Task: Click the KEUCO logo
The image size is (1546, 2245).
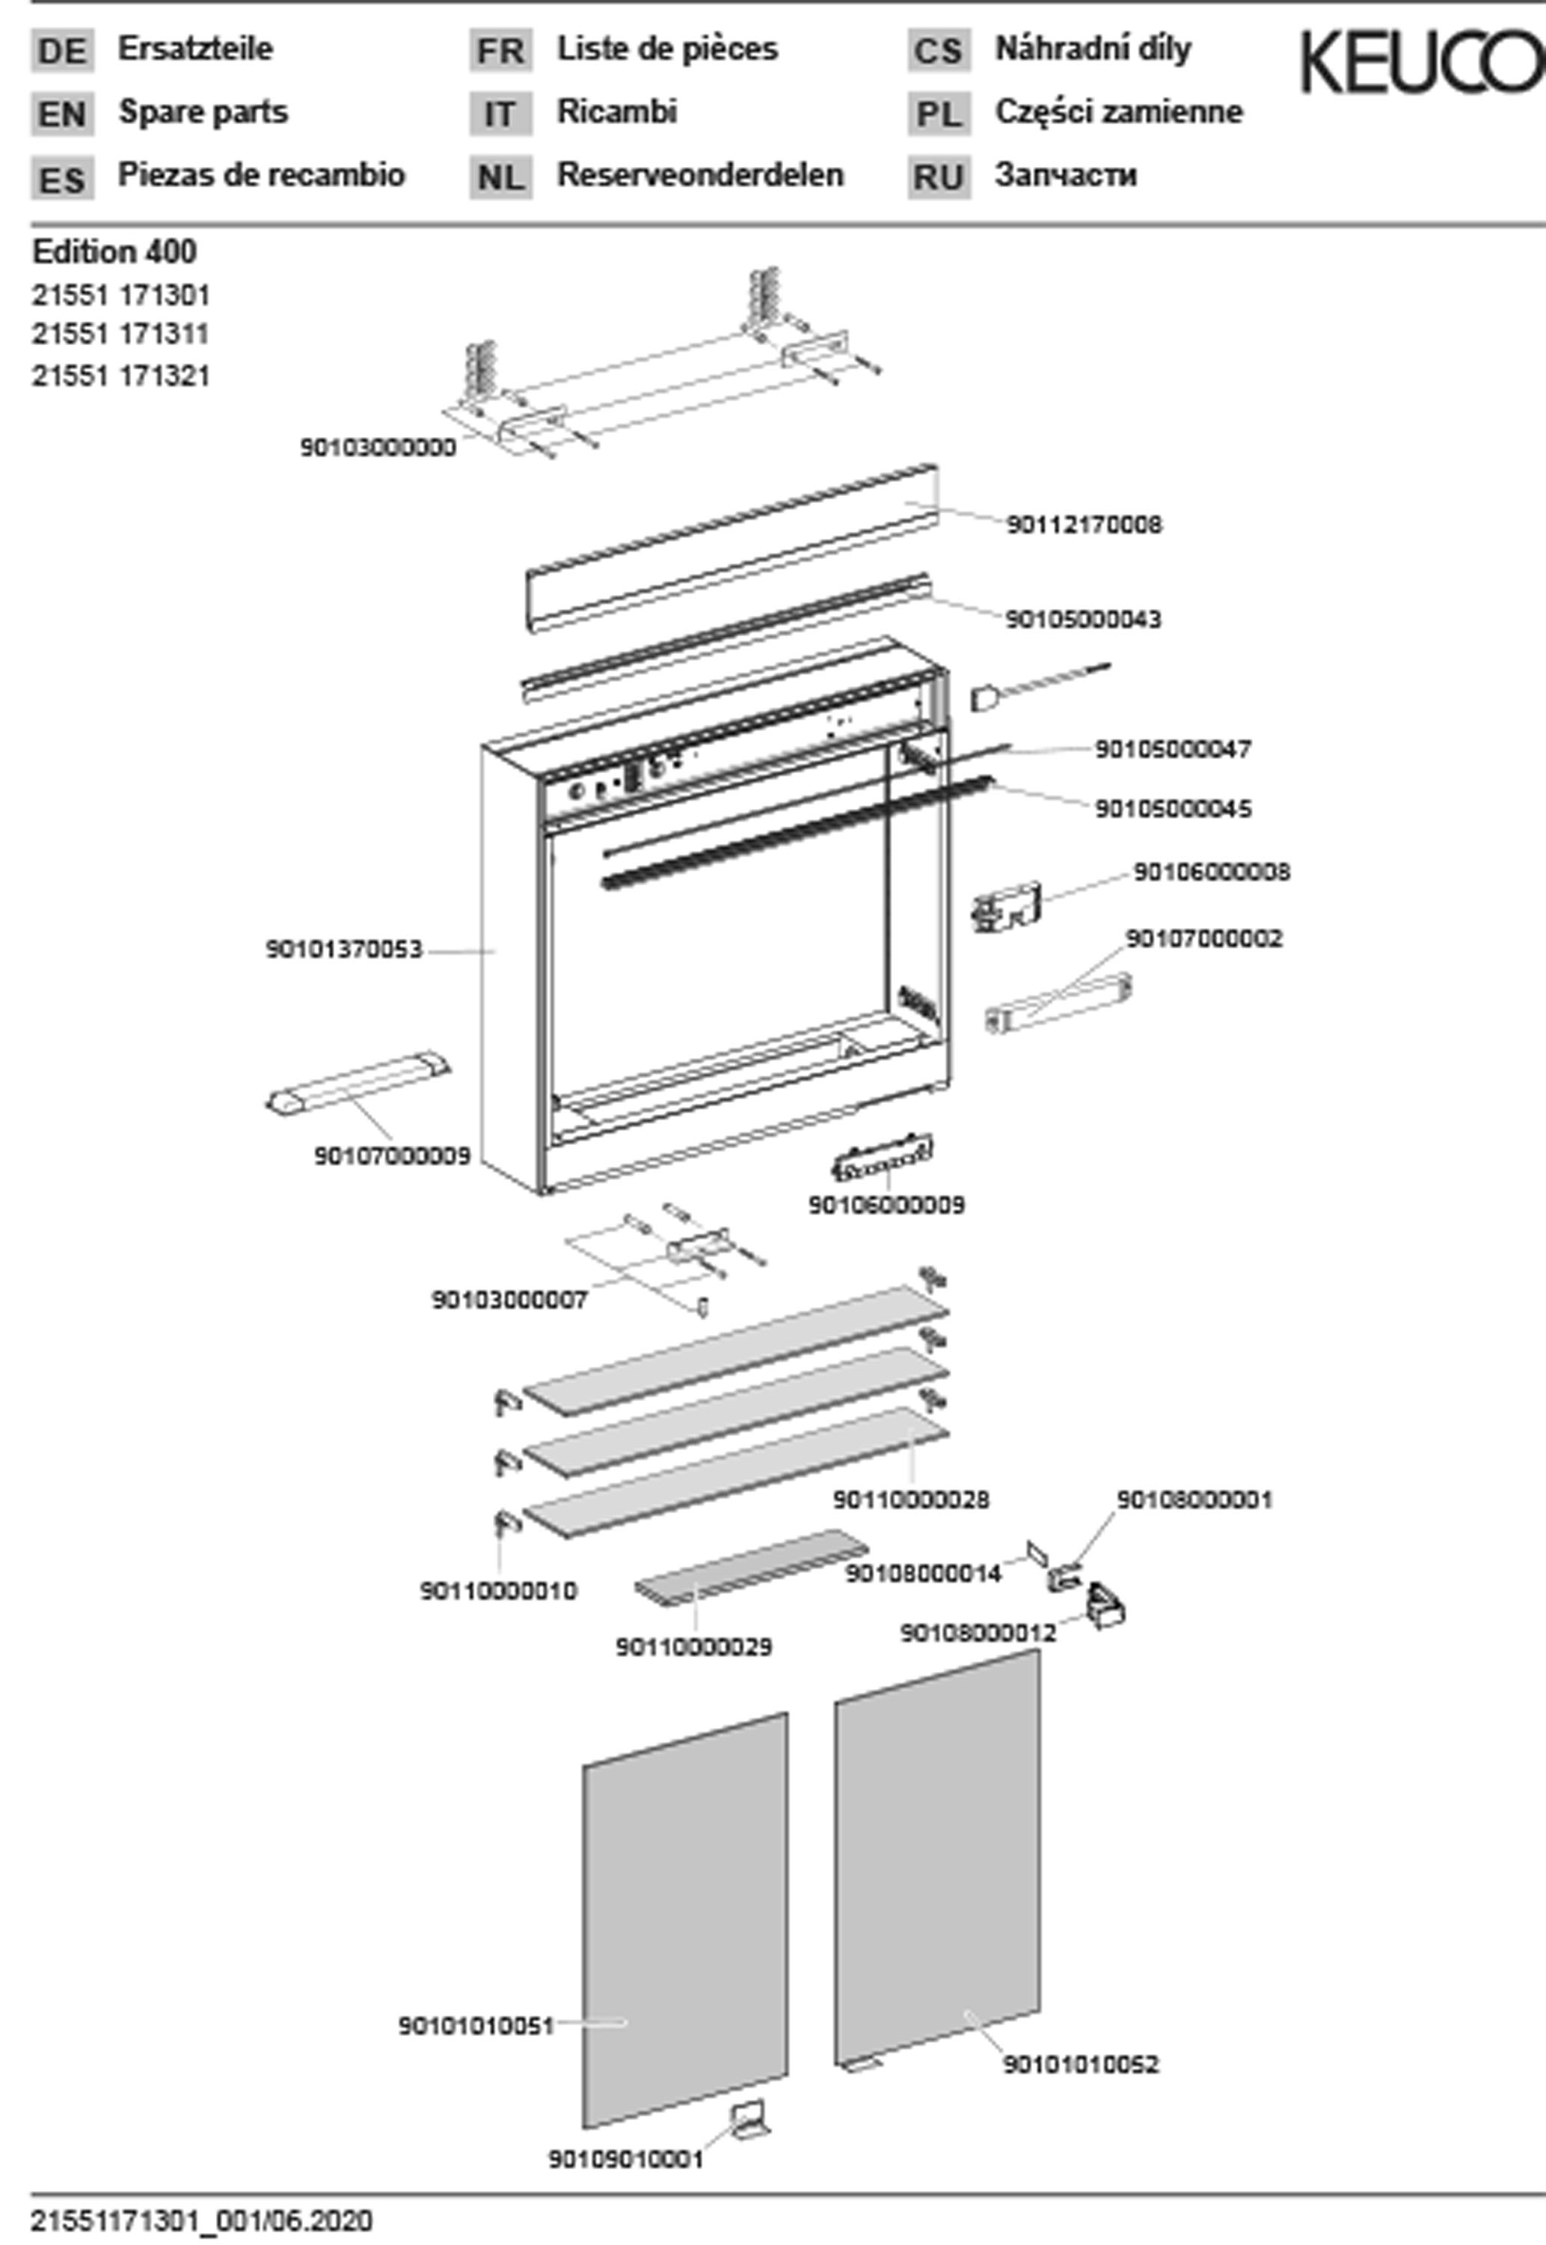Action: tap(1420, 62)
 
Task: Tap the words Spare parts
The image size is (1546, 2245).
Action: tap(203, 112)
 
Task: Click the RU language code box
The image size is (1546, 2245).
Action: tap(939, 178)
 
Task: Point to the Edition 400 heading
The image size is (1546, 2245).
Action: tap(114, 252)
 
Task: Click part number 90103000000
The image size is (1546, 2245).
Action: tap(377, 448)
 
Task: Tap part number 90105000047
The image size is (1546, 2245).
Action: tap(1172, 749)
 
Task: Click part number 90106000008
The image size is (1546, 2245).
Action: tap(1211, 872)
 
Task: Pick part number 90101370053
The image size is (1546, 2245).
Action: tap(344, 950)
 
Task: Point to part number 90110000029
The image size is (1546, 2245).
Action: tap(693, 1646)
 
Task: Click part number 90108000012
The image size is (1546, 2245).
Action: tap(978, 1633)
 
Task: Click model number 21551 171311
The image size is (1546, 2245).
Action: tap(121, 335)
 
